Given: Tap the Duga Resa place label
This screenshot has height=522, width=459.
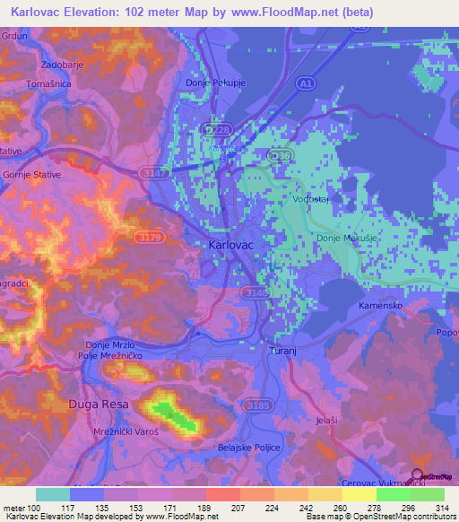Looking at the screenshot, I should pos(99,405).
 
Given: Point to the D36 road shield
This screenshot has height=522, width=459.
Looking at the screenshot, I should pos(282,156).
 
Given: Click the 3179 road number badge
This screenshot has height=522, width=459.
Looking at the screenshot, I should pos(149,237).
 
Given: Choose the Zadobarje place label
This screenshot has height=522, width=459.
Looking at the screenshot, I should pos(63,65).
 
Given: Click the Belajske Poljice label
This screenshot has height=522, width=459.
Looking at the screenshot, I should pos(249,447).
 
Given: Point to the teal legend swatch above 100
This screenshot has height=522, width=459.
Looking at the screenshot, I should pos(53,494).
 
